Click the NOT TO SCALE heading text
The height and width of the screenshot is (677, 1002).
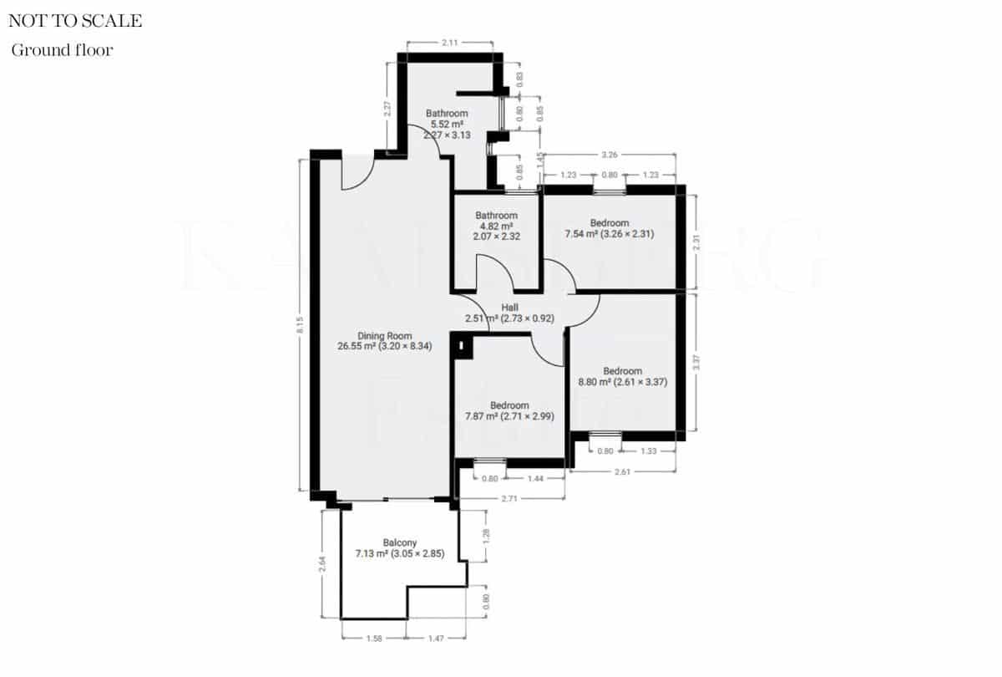pyautogui.click(x=75, y=22)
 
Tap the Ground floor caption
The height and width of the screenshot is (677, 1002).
pyautogui.click(x=62, y=50)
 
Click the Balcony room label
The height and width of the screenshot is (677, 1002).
pyautogui.click(x=400, y=547)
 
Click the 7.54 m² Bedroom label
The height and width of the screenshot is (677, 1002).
pyautogui.click(x=610, y=228)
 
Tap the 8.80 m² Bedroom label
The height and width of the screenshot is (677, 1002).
pyautogui.click(x=623, y=377)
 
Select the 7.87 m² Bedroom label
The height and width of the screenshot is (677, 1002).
pyautogui.click(x=509, y=410)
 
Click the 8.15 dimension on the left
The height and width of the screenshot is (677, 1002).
pyautogui.click(x=300, y=325)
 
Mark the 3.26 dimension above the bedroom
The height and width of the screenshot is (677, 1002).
pyautogui.click(x=610, y=155)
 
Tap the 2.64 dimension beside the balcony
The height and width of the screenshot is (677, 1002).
pyautogui.click(x=322, y=565)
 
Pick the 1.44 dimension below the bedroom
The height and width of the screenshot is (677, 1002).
pyautogui.click(x=536, y=479)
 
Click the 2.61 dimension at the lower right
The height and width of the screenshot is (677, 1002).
pyautogui.click(x=622, y=472)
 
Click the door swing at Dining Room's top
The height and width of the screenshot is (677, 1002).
pyautogui.click(x=356, y=174)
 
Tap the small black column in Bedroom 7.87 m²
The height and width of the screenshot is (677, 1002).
pyautogui.click(x=459, y=345)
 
